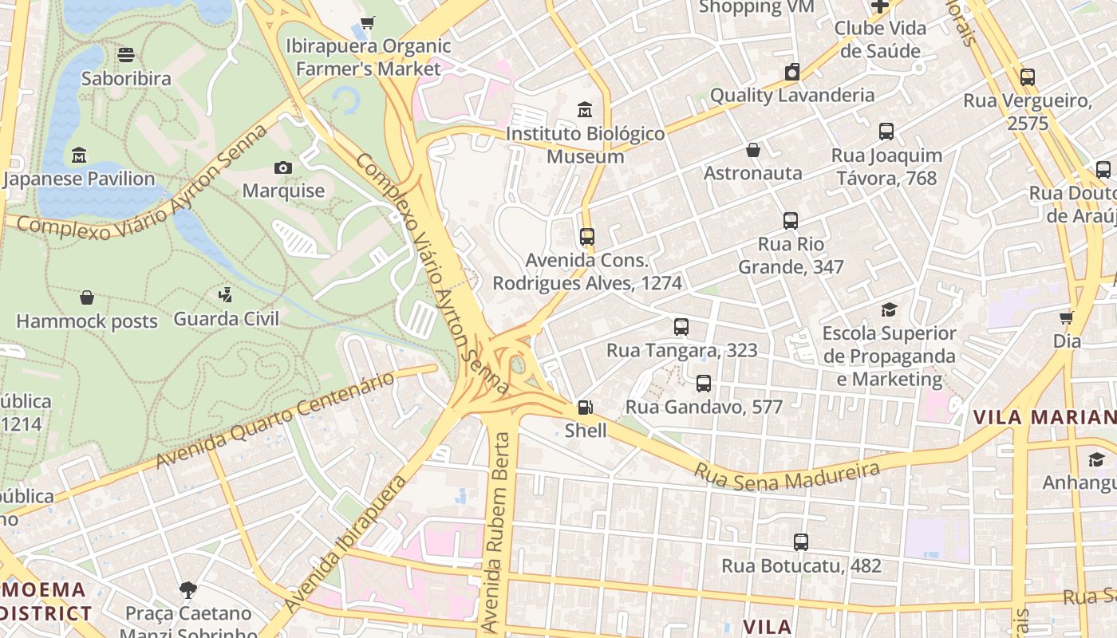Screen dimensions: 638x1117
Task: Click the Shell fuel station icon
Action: click(x=585, y=408)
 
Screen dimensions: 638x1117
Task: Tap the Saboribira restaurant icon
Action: click(x=126, y=55)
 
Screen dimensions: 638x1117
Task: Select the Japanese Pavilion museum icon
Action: click(x=79, y=155)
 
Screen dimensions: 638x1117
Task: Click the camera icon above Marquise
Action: click(x=283, y=167)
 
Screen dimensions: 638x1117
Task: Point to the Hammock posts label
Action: click(x=87, y=321)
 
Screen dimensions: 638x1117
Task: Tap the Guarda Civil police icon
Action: click(x=226, y=295)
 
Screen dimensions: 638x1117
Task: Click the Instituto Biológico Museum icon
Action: click(x=585, y=109)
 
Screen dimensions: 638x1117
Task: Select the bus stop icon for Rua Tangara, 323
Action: click(x=681, y=326)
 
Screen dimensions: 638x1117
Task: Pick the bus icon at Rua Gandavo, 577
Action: click(x=703, y=384)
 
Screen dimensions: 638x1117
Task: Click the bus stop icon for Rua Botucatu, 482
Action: click(x=801, y=542)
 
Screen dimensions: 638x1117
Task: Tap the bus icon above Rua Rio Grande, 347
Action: click(x=790, y=221)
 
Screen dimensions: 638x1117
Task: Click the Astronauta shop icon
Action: click(x=752, y=150)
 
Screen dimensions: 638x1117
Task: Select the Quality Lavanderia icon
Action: click(x=791, y=72)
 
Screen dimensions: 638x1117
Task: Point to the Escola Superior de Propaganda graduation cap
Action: click(x=889, y=309)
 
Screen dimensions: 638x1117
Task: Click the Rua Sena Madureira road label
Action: click(x=786, y=475)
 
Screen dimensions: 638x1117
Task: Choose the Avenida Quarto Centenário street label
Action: click(x=275, y=420)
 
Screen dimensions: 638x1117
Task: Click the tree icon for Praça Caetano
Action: click(x=188, y=590)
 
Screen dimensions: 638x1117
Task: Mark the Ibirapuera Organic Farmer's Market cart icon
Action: click(x=367, y=23)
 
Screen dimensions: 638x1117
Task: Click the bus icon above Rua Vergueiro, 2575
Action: click(x=1027, y=77)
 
